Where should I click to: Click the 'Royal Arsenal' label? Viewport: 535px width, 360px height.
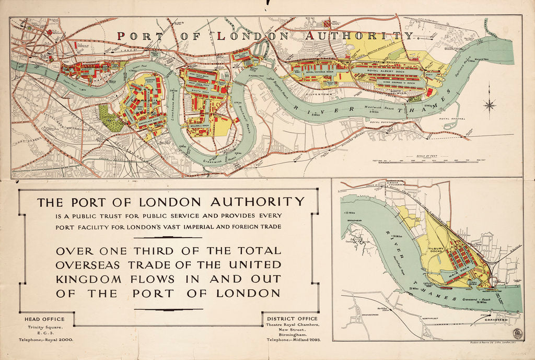[x=451, y=119]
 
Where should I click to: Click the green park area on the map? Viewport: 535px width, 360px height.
[x=111, y=118]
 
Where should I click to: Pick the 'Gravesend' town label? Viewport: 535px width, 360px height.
[x=496, y=319]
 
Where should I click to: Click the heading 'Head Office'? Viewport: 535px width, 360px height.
[x=45, y=319]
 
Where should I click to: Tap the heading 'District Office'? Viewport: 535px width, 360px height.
[x=292, y=319]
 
